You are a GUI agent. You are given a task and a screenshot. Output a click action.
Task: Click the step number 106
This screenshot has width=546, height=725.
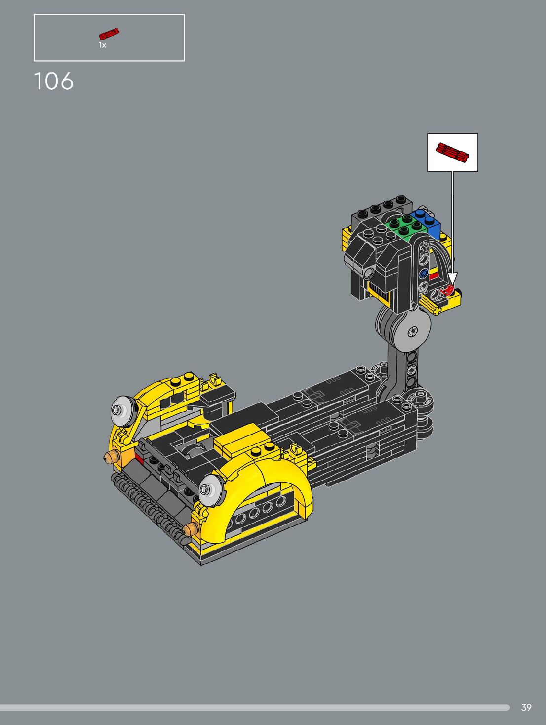pos(53,81)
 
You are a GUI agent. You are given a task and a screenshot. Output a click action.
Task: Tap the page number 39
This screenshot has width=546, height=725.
pos(526,708)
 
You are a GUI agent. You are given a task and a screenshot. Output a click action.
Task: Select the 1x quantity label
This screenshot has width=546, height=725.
pos(102,45)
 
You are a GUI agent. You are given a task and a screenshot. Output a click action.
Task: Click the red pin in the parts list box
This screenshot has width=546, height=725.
pos(109,34)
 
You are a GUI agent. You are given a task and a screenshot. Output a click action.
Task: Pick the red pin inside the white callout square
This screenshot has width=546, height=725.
pos(452,153)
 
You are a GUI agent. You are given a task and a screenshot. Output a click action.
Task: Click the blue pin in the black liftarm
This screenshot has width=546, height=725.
pos(423,274)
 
